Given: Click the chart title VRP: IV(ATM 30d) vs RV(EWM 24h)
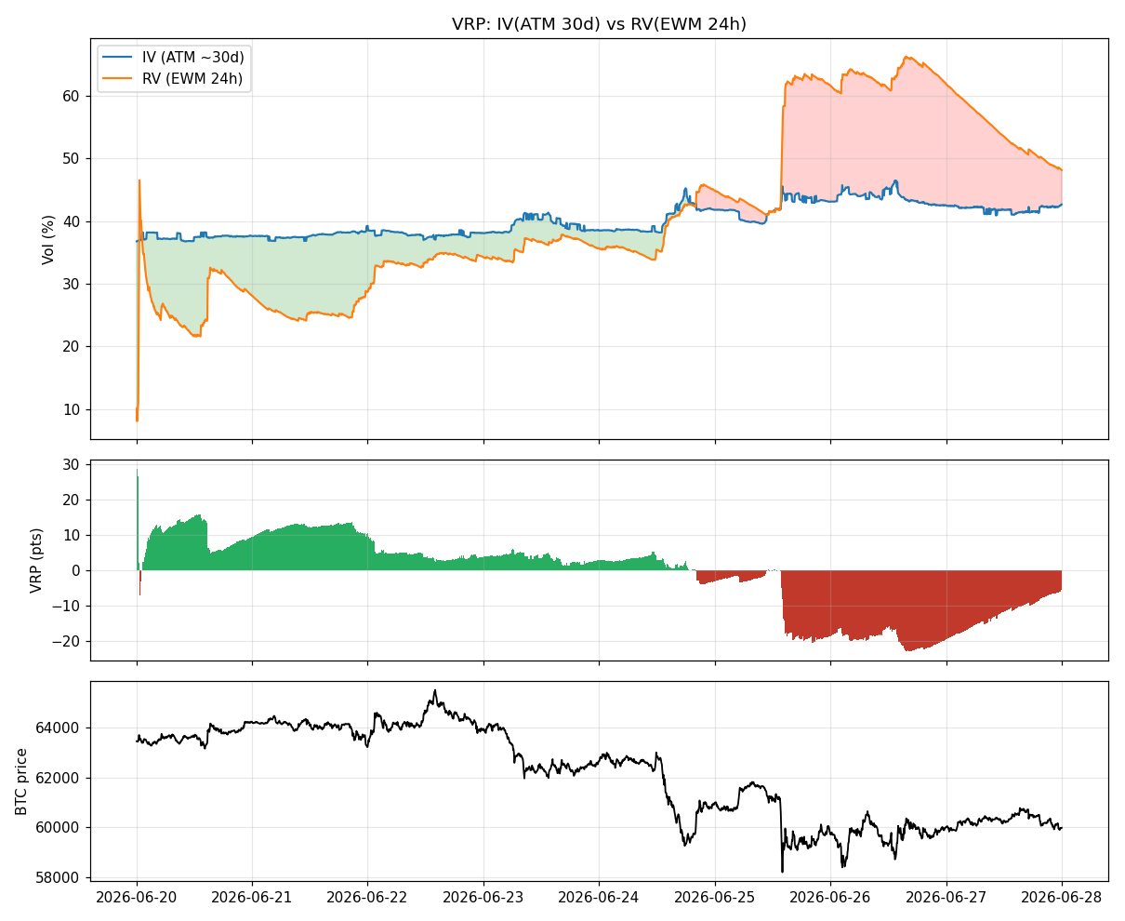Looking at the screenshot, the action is [x=599, y=24].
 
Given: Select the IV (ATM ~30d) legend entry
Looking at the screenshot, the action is [x=173, y=57].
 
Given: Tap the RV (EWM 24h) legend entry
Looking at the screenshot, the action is [x=172, y=78].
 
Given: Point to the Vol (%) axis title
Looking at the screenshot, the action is [x=48, y=240].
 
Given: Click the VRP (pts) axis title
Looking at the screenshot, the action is [x=35, y=561].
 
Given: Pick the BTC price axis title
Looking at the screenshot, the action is [x=20, y=781].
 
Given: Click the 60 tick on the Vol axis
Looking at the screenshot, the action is [x=71, y=96].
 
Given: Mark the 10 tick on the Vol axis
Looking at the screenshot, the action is [x=71, y=409].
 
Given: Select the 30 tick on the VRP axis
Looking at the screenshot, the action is [x=71, y=464].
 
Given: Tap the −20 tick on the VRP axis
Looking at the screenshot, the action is [x=66, y=641].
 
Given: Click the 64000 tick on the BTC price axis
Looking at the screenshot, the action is [x=57, y=727].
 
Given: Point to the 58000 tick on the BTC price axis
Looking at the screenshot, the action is [x=57, y=878].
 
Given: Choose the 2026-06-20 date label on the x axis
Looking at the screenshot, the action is [x=137, y=898].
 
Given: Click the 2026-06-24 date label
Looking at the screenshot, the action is [x=599, y=898].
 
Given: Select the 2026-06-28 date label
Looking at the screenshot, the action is [x=1062, y=898].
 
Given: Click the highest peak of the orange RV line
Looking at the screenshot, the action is [x=907, y=57].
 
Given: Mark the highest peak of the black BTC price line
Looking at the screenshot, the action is [x=435, y=690].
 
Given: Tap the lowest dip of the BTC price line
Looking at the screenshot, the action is [x=783, y=872].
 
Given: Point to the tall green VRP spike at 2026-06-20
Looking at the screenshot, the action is [x=137, y=518].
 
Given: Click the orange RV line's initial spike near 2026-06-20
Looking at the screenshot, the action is [x=139, y=180].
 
